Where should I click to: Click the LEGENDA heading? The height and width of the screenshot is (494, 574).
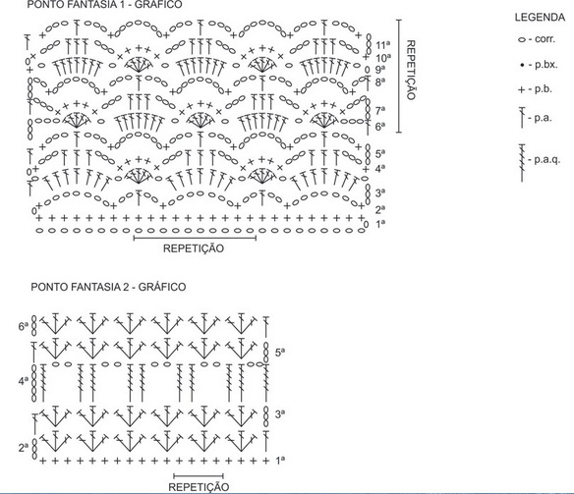[x=540, y=17]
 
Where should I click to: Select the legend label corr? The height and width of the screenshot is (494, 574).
[x=545, y=39]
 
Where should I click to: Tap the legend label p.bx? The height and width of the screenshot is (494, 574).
[x=545, y=65]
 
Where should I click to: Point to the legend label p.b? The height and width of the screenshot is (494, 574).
[x=543, y=89]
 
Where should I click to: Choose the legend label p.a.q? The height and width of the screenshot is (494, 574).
[x=546, y=159]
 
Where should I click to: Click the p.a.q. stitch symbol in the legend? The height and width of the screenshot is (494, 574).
[x=522, y=163]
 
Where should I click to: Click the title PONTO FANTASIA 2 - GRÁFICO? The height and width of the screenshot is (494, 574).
[x=108, y=287]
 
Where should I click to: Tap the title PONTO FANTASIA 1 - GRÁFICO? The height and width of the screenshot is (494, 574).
[x=104, y=4]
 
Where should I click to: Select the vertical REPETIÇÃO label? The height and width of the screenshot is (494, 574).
[x=411, y=70]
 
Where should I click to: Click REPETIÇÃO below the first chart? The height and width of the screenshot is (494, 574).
[x=194, y=248]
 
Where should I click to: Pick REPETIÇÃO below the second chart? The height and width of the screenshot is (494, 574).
[x=199, y=487]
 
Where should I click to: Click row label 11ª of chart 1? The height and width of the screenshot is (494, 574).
[x=383, y=45]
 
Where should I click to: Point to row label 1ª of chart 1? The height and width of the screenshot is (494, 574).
[x=380, y=223]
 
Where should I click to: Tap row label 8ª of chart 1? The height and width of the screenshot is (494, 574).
[x=380, y=82]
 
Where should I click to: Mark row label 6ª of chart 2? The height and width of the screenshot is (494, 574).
[x=23, y=326]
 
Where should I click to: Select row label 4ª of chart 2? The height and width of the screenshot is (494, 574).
[x=23, y=381]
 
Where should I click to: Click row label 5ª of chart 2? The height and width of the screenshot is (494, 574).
[x=280, y=353]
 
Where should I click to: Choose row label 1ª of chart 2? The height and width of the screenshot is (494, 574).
[x=280, y=460]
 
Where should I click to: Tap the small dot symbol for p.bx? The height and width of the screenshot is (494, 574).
[x=522, y=66]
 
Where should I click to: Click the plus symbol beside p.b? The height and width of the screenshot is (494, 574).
[x=522, y=90]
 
